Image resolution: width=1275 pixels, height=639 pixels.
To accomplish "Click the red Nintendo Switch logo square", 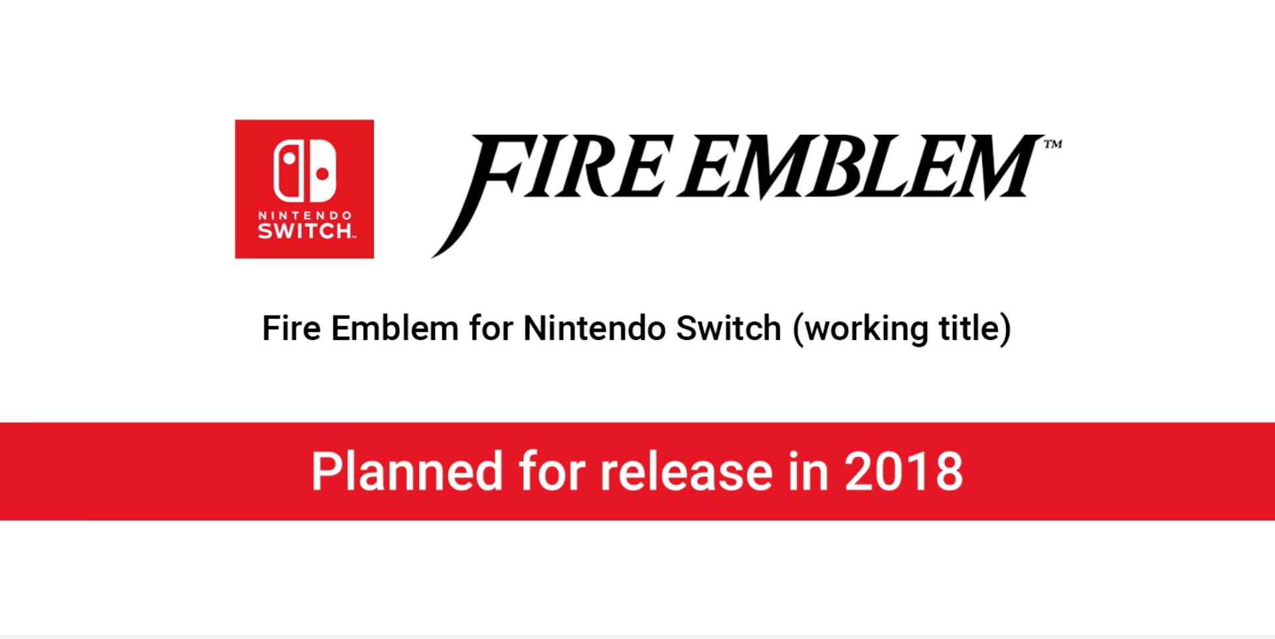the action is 304,189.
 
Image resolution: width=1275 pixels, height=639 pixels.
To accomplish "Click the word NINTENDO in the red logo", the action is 305,215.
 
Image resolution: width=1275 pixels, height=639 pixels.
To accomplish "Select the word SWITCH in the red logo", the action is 305,230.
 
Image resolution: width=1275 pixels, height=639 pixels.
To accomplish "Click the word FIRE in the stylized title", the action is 551,179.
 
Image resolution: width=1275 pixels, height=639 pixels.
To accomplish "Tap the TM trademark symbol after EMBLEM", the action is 1053,143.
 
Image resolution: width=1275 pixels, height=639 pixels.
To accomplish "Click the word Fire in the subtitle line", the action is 292,328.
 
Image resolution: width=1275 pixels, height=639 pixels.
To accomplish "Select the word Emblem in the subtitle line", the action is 394,328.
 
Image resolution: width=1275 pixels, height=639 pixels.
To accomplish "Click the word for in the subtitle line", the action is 491,328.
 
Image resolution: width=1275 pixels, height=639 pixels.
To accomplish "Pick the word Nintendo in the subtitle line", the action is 594,328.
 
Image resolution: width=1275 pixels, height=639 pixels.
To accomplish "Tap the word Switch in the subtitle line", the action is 728,328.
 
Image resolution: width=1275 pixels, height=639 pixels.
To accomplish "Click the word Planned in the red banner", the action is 407,471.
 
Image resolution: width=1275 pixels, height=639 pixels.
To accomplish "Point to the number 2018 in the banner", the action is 903,472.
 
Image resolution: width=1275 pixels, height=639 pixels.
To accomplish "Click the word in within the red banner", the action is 808,471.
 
